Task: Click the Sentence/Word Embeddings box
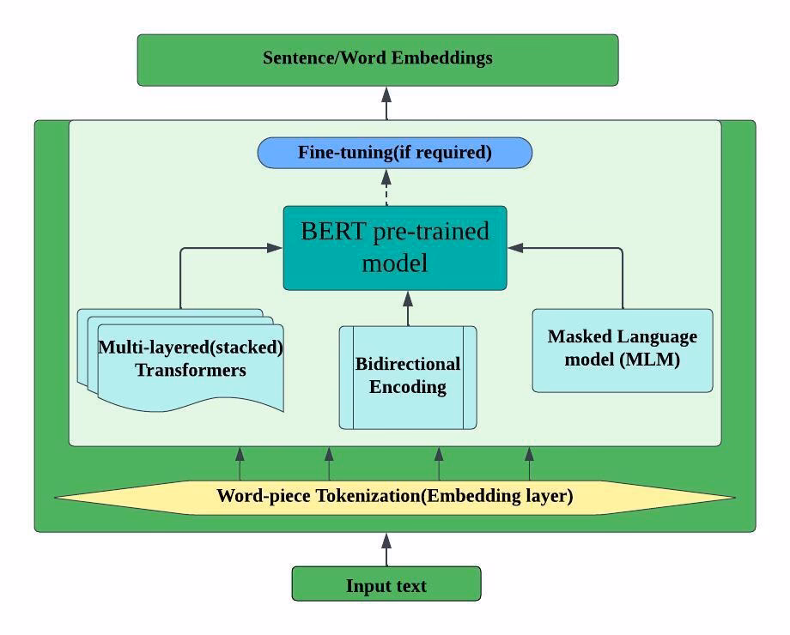tap(378, 60)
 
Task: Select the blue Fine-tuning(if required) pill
tap(395, 153)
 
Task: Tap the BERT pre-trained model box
tap(395, 248)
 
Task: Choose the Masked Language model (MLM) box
tap(623, 349)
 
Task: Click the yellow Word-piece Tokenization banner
tap(395, 497)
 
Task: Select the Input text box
tap(386, 585)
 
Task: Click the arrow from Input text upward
tap(386, 549)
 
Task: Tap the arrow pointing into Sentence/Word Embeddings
tap(386, 103)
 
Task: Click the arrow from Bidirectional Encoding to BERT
tap(408, 308)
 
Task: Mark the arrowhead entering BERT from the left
tap(275, 248)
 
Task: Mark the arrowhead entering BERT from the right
tap(515, 248)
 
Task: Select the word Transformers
tap(191, 371)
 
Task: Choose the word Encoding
tap(408, 387)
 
